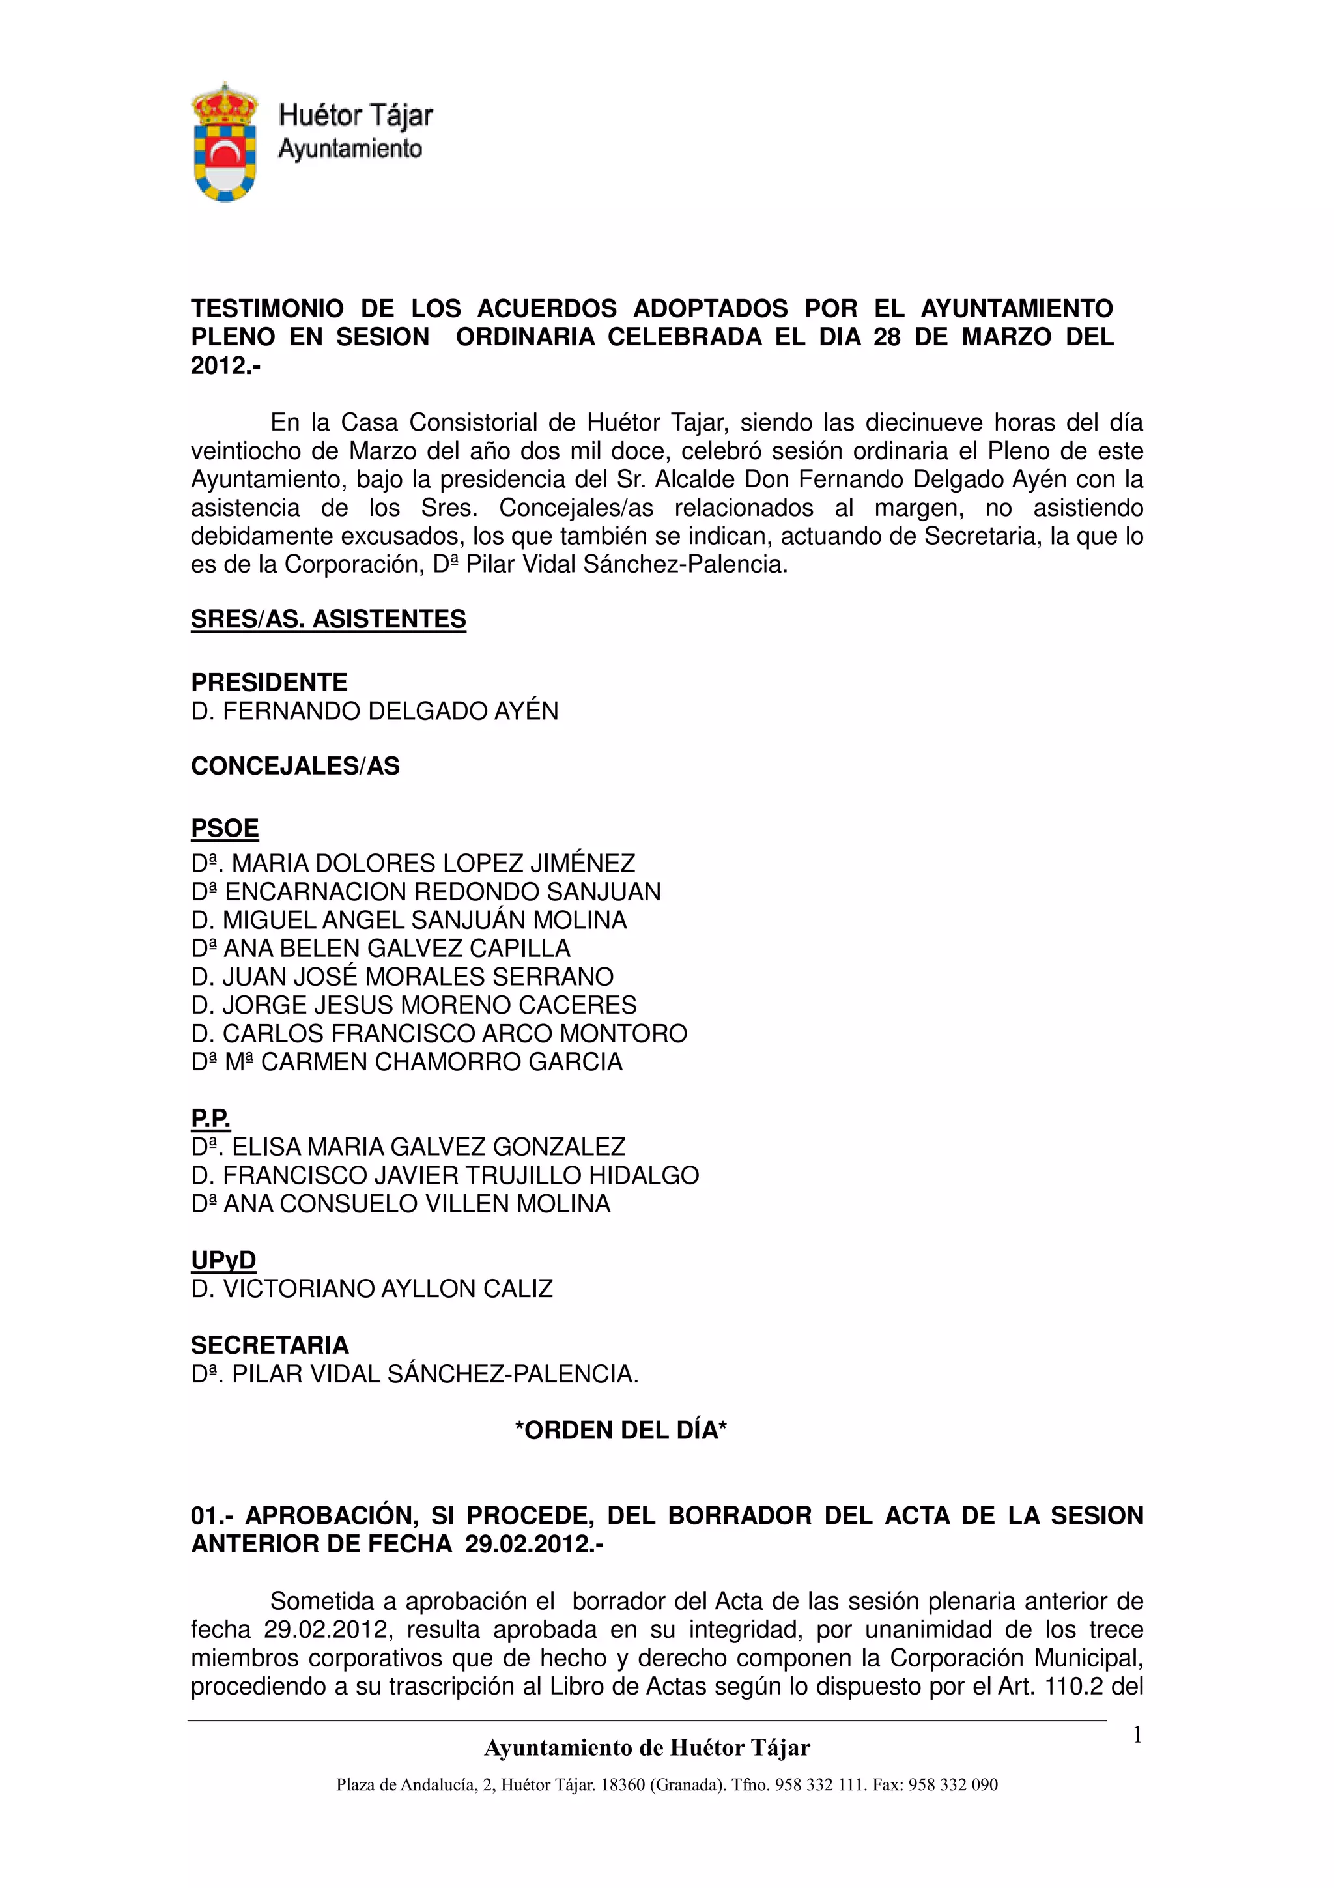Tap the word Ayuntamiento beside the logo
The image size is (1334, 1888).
click(350, 149)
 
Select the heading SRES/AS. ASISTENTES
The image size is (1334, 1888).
click(328, 619)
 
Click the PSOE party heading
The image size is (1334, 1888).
click(224, 828)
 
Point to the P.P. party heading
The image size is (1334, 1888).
click(210, 1119)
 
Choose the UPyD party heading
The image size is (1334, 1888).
click(223, 1260)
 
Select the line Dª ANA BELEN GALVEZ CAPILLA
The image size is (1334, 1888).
click(380, 948)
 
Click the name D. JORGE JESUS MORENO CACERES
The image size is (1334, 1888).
click(414, 1005)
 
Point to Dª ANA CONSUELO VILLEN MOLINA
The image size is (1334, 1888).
click(401, 1204)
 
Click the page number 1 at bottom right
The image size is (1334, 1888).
click(1137, 1735)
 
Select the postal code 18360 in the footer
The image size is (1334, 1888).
click(622, 1784)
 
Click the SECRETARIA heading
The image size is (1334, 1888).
click(270, 1345)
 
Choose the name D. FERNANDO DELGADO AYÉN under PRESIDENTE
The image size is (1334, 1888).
click(374, 711)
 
